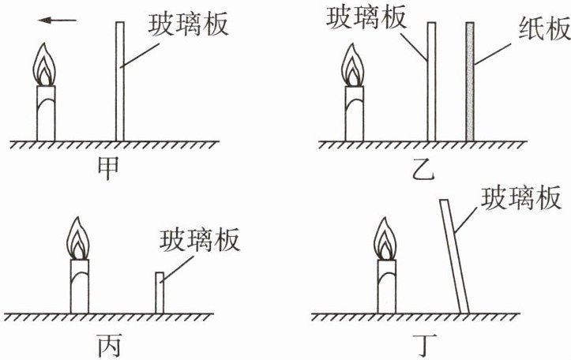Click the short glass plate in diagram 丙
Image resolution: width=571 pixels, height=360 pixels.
(159, 292)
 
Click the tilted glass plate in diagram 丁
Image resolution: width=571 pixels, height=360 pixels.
(455, 256)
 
